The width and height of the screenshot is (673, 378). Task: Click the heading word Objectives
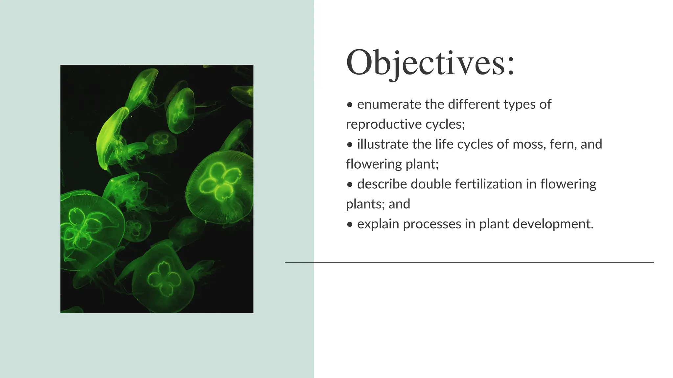[424, 63]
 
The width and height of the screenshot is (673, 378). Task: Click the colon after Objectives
[510, 66]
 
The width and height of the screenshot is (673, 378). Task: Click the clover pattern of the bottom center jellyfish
[164, 279]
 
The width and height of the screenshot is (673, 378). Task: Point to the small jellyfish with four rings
[161, 140]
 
